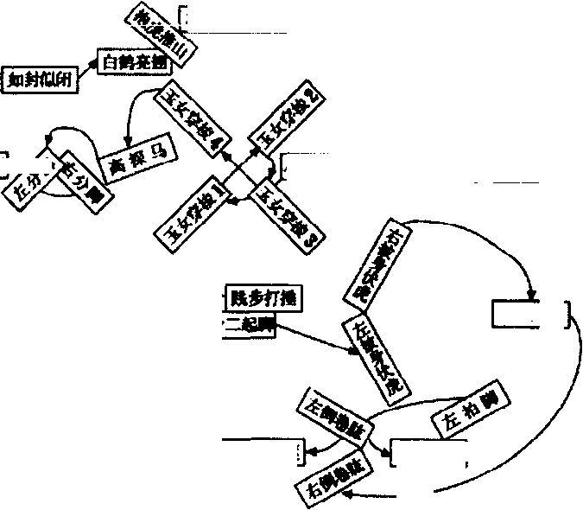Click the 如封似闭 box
(x=39, y=80)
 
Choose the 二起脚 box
(x=251, y=327)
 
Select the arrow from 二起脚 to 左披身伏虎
(x=314, y=340)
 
